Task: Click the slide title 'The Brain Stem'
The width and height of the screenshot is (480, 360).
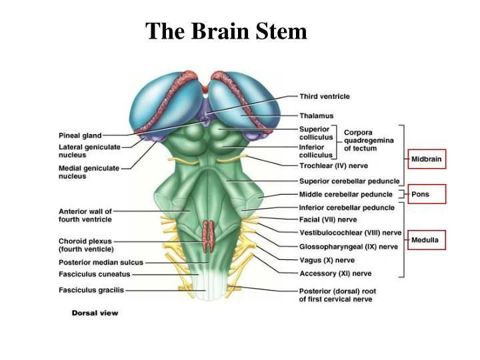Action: (226, 31)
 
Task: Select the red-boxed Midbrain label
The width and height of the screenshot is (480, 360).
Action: (426, 159)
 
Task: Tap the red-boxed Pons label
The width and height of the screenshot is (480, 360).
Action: (426, 194)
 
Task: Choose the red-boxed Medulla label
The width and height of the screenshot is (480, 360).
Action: (426, 239)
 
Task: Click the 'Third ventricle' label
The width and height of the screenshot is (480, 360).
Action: (324, 97)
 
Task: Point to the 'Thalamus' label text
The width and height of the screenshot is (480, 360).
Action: (316, 115)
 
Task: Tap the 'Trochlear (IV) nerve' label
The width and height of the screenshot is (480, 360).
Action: (334, 165)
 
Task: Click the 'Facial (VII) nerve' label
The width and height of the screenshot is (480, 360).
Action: (329, 219)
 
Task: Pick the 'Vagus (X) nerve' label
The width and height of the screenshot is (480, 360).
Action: (327, 259)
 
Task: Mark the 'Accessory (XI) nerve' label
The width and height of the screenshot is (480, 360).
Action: (335, 273)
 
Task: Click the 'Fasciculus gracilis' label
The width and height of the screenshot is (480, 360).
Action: (91, 290)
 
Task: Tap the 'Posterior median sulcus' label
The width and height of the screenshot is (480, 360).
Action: (101, 262)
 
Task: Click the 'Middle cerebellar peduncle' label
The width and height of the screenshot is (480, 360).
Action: (346, 194)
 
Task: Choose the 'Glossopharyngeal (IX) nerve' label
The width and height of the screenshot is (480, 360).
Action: (348, 246)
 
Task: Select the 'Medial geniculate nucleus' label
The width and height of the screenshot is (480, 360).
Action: (89, 172)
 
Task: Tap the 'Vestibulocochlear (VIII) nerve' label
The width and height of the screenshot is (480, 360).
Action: (350, 232)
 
